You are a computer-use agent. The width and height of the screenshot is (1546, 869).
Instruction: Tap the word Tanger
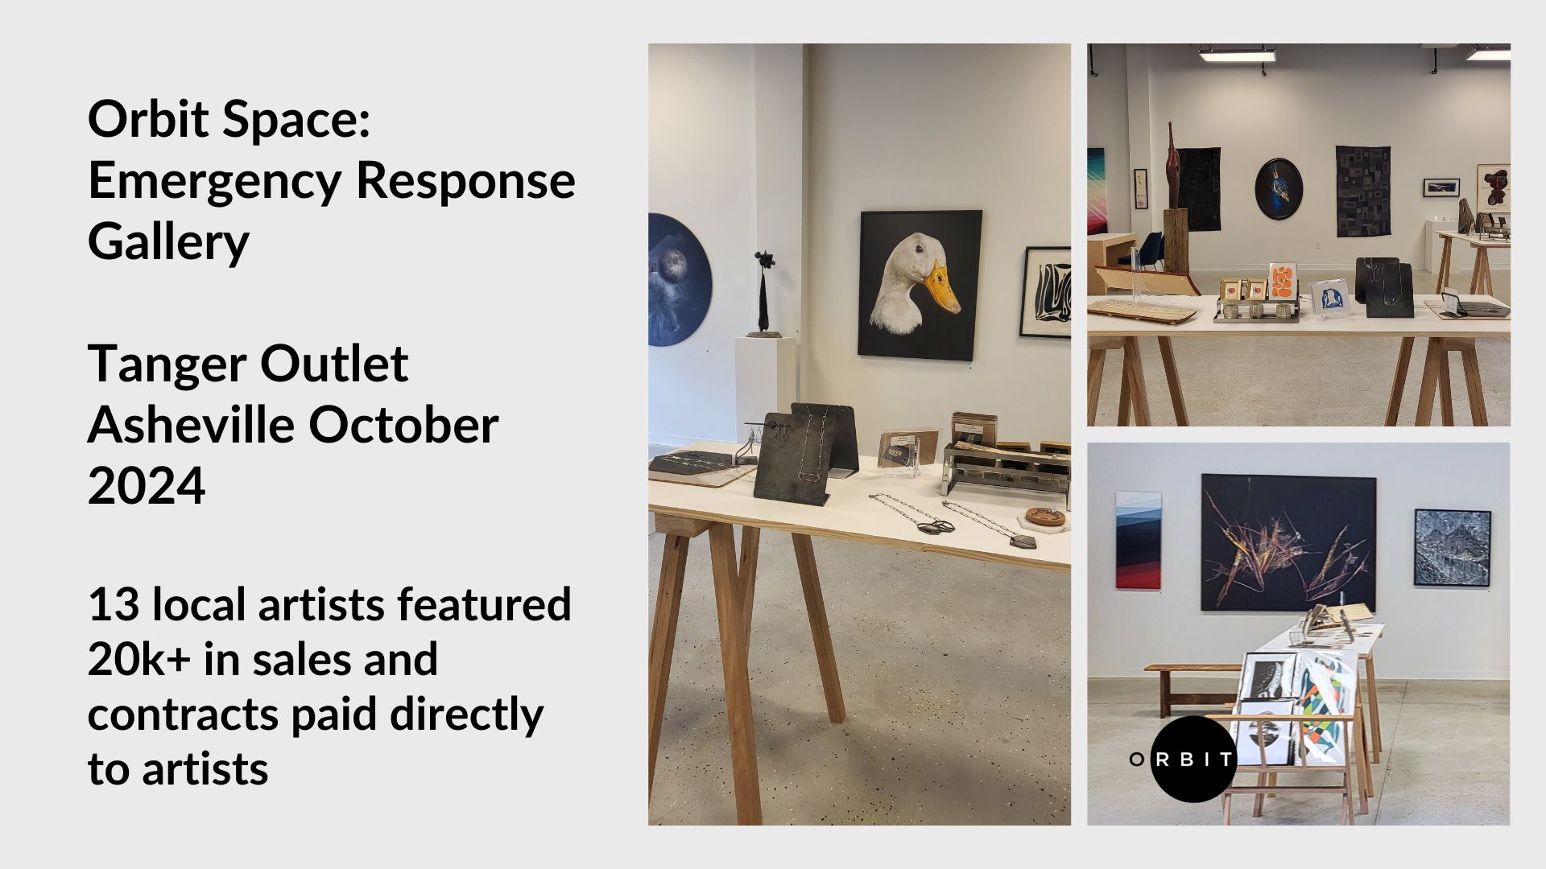tap(163, 364)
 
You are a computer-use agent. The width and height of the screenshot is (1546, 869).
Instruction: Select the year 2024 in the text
tap(147, 485)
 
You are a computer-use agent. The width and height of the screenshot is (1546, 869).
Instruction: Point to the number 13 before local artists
tap(113, 605)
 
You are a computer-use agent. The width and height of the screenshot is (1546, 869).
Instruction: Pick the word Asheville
tap(192, 425)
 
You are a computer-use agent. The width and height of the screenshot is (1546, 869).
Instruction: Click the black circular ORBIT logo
tap(1193, 759)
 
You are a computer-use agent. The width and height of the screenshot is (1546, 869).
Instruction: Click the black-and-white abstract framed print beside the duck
tap(1046, 293)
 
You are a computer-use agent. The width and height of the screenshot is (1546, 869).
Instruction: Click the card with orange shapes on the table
tap(1280, 281)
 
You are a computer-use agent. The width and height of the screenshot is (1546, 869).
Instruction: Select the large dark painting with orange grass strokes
tap(1288, 542)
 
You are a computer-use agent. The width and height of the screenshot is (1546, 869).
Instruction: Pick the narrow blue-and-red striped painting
tap(1128, 540)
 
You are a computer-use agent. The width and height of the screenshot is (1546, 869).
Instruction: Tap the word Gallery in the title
tap(168, 241)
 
